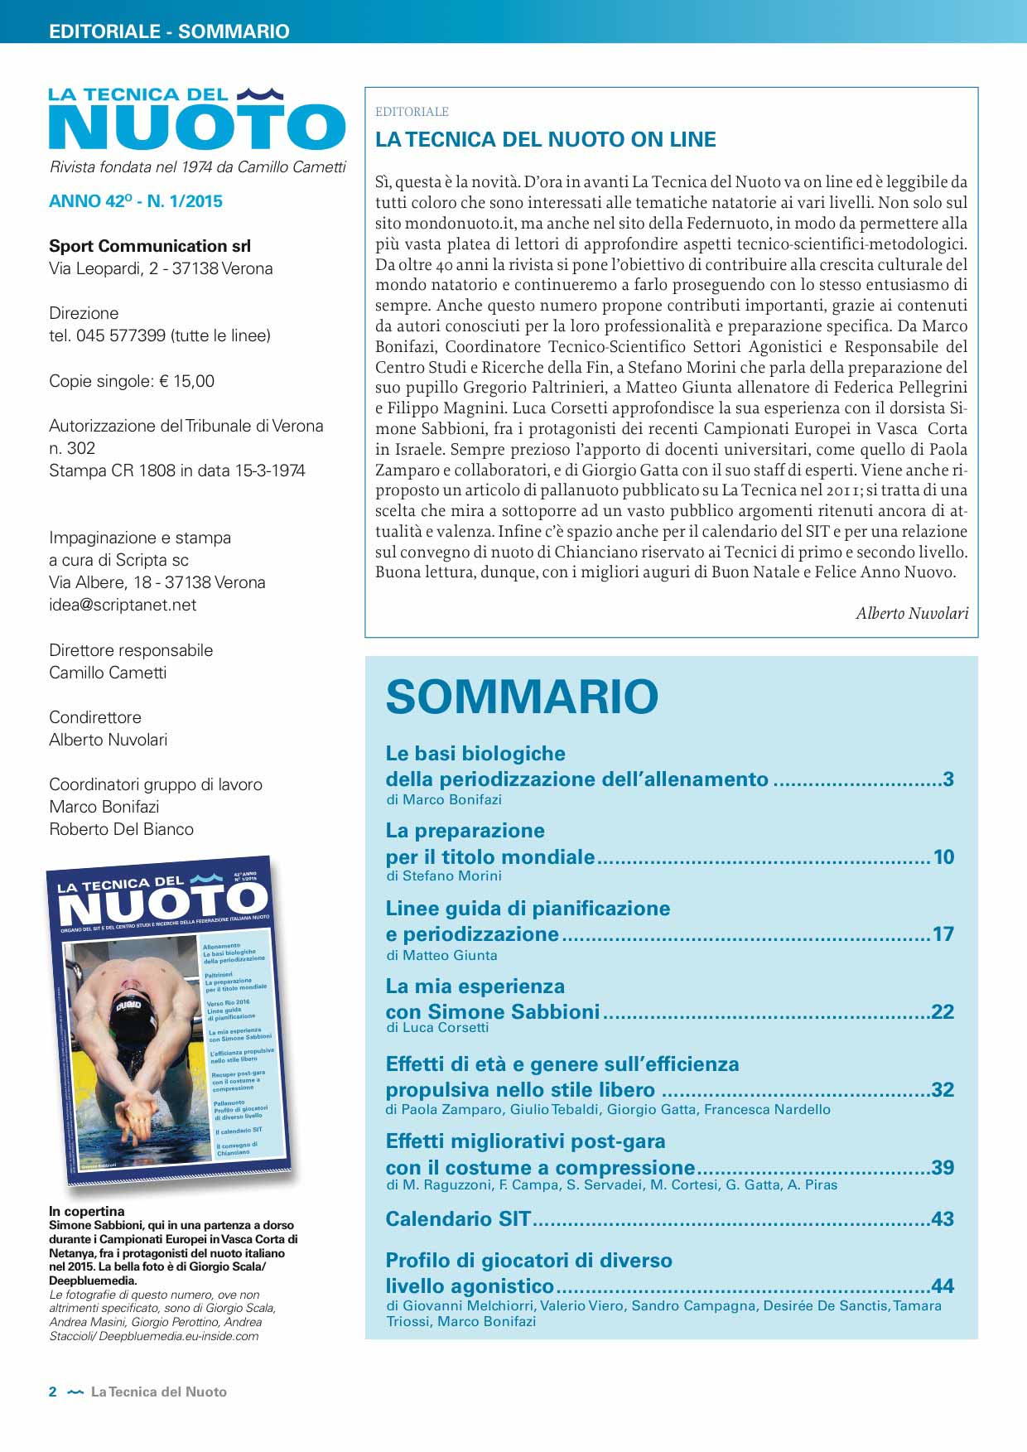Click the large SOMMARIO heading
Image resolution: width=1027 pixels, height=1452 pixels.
[522, 697]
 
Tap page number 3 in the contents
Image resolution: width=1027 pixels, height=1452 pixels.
[948, 779]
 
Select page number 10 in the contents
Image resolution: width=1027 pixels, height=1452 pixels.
[943, 857]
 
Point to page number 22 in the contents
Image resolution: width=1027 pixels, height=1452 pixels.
[943, 1012]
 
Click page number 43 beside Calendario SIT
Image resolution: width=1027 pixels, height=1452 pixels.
[943, 1219]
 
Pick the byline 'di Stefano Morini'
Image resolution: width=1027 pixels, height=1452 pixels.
[444, 876]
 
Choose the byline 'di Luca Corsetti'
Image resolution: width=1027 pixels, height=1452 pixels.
[437, 1028]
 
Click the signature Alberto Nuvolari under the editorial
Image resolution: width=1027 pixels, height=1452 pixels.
[912, 614]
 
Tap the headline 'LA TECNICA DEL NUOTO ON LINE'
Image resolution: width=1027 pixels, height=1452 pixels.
[546, 140]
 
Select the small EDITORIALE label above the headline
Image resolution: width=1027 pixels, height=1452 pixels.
[412, 112]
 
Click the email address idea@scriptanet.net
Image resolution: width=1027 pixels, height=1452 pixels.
[123, 605]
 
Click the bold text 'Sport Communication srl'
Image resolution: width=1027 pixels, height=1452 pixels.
[150, 247]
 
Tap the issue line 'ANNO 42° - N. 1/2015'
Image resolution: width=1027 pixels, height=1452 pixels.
[136, 201]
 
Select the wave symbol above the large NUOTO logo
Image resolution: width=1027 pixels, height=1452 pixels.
[260, 94]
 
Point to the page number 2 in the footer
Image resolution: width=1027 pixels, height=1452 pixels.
[53, 1392]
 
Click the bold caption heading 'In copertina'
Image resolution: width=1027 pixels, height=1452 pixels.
[87, 1211]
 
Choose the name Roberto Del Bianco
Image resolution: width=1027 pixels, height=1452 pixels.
[121, 830]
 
